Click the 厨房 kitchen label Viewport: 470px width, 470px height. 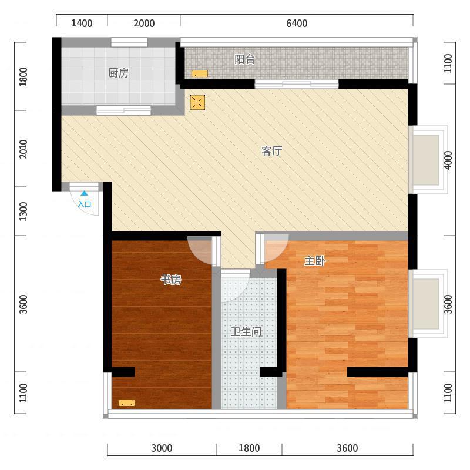118,73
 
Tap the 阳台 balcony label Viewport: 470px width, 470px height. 244,59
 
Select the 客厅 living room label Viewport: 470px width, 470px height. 272,151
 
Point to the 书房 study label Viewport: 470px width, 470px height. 171,280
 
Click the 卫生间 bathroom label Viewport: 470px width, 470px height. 246,332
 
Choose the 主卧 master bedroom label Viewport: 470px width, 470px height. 315,261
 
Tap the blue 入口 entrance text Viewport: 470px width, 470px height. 85,204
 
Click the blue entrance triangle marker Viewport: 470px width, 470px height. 84,193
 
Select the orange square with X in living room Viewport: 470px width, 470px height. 198,102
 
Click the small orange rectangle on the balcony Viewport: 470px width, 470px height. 200,74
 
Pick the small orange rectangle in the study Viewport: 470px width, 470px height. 126,403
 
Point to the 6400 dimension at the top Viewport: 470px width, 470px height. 297,23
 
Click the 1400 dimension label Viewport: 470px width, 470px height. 82,23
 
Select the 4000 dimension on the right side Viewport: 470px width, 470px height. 448,160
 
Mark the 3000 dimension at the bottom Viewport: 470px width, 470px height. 162,448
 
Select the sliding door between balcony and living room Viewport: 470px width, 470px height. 297,84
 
